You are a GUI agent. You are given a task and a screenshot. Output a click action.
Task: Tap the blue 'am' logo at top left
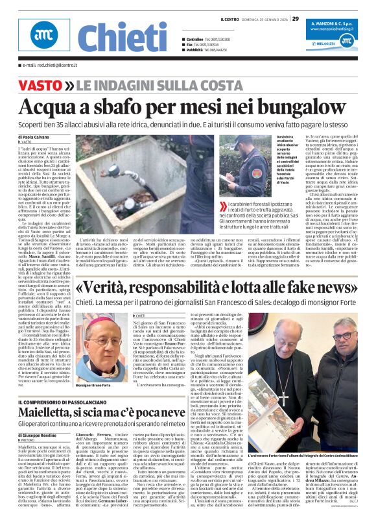click(44, 38)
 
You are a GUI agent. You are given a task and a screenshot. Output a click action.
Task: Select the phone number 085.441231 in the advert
click(336, 43)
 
